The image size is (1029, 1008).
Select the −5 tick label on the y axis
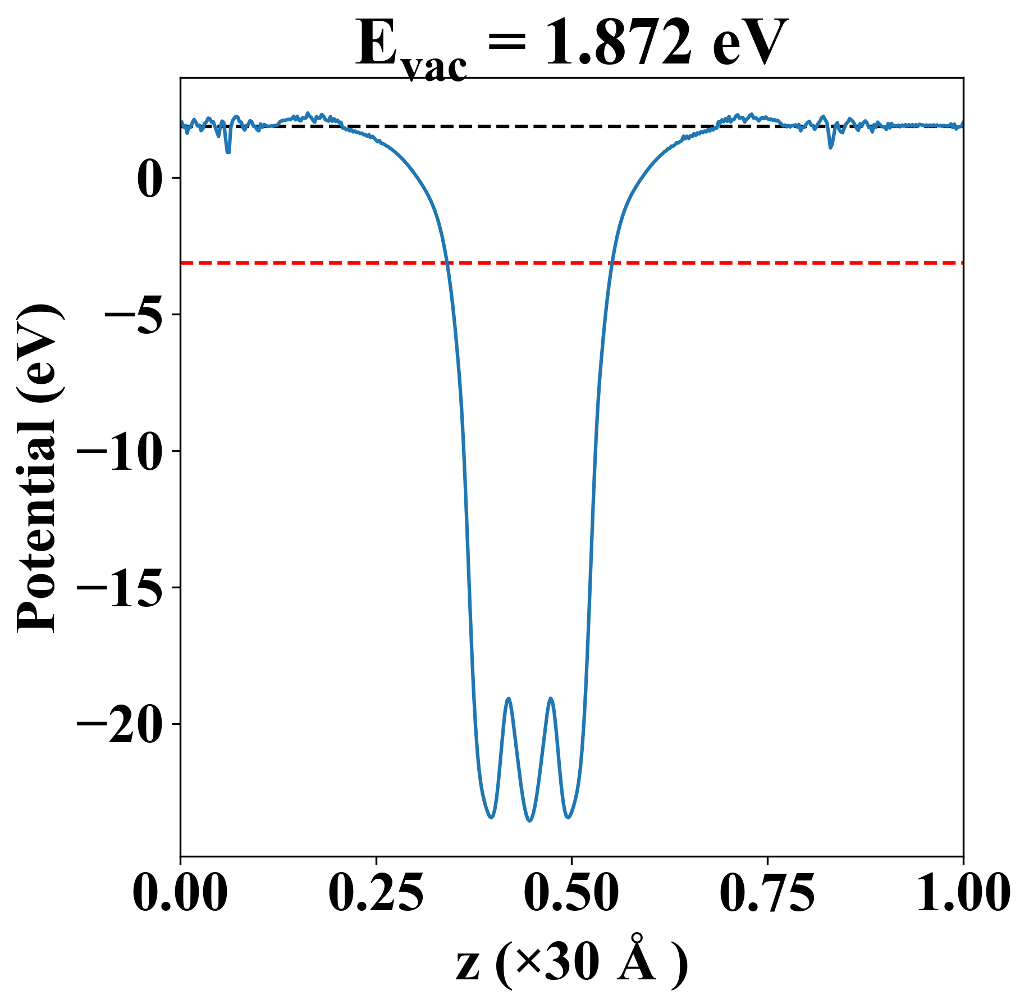132,315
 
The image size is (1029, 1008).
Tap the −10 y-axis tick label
118,451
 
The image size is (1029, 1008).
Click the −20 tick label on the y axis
118,724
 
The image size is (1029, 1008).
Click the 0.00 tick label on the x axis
181,892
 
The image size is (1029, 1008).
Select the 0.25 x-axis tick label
376,892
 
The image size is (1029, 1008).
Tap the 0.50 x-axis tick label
571,892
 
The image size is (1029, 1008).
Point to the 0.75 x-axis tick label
767,892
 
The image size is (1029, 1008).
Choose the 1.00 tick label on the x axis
962,892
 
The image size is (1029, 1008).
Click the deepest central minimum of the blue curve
529,820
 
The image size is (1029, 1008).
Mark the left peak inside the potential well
509,699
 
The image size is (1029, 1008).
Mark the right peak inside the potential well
551,699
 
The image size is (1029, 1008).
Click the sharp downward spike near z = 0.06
228,151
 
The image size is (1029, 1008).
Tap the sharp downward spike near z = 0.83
831,147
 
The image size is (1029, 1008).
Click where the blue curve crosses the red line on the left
447,262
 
